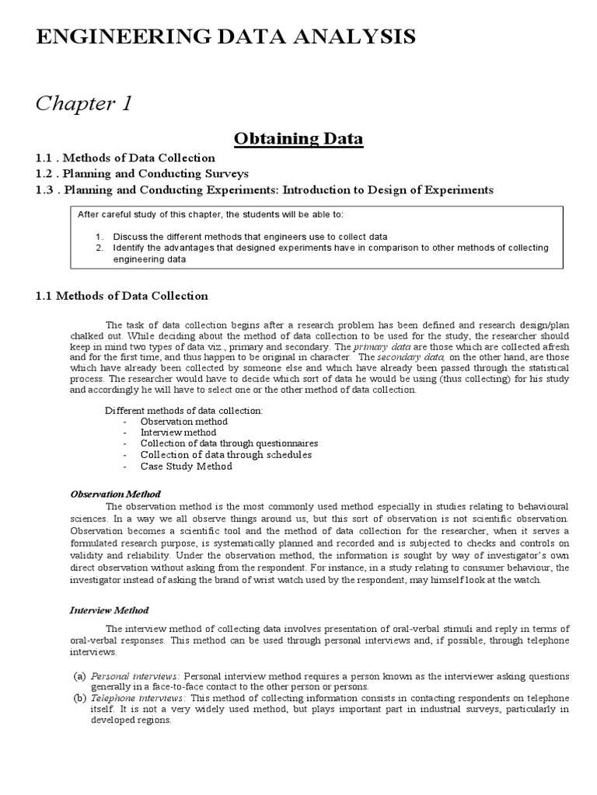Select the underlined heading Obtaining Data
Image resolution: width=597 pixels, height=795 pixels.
(298, 139)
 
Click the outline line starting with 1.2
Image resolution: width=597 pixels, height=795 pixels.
(141, 173)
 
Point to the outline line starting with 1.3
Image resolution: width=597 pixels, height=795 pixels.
(264, 189)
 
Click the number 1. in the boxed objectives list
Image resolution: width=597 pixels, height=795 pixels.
(99, 236)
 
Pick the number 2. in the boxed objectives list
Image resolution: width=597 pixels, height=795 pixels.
(99, 248)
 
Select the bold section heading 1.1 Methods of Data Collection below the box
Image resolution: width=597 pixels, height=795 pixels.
(122, 296)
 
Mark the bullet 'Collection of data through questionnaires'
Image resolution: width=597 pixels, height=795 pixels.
(229, 443)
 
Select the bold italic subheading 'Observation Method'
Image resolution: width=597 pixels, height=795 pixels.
(115, 494)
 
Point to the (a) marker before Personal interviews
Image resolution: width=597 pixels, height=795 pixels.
(79, 676)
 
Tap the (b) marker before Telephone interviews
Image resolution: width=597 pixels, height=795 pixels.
(79, 698)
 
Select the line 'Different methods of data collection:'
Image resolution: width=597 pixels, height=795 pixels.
(183, 410)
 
